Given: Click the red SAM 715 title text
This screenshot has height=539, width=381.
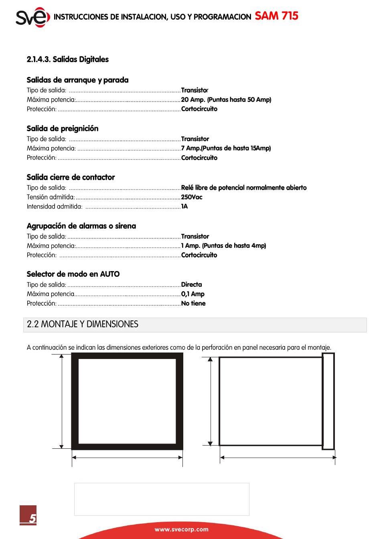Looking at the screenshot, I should coord(277,16).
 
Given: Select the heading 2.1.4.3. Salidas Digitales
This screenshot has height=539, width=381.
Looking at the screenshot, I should coord(67,59).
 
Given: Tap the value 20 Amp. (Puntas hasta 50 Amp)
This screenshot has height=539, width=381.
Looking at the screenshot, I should coord(226,99).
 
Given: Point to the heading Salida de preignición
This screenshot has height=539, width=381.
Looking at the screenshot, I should coord(62,128).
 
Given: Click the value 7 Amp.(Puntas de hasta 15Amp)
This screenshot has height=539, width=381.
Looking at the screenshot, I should coord(226,148).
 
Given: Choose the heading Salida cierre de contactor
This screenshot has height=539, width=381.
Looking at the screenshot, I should coord(71,177).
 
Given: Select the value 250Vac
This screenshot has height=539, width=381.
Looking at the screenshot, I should coord(192,197).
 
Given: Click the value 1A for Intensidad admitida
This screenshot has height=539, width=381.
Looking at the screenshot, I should coord(184,207).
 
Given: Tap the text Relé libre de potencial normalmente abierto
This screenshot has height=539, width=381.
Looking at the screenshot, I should coord(244,188).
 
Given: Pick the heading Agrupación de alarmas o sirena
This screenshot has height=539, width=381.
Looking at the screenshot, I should coord(81,226).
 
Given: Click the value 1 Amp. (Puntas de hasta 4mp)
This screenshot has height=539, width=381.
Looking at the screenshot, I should coord(223,245).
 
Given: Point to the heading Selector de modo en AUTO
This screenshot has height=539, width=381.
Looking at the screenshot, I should coord(73,274).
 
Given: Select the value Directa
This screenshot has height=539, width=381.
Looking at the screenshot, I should coord(192,285).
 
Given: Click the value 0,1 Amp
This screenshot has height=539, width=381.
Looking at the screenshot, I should coord(193,294).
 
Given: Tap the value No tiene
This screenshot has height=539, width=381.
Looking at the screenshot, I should coord(193,304).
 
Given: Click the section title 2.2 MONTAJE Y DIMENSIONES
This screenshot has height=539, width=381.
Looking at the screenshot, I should coord(83,324).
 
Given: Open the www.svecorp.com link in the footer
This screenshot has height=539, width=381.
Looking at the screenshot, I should coord(182,529).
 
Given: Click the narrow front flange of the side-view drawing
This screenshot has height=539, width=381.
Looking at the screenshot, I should coord(328,401).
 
